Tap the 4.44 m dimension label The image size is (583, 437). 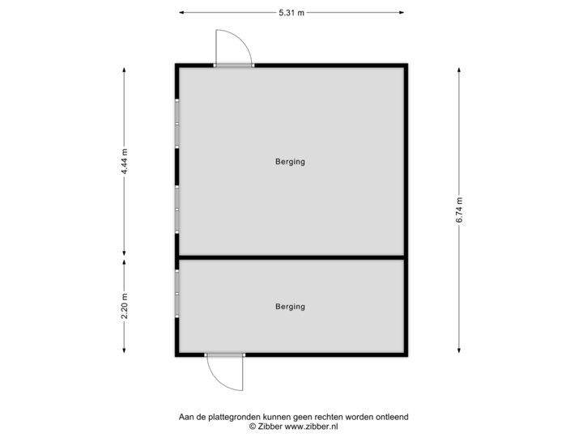pyautogui.click(x=124, y=162)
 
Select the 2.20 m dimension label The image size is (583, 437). pyautogui.click(x=124, y=305)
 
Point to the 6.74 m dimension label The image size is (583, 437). pyautogui.click(x=459, y=210)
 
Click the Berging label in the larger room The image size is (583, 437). pyautogui.click(x=290, y=162)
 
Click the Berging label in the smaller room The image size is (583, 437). pyautogui.click(x=290, y=307)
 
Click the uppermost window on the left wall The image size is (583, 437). pyautogui.click(x=177, y=123)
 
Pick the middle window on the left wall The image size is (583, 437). pyautogui.click(x=177, y=209)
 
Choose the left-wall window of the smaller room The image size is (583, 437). pyautogui.click(x=177, y=292)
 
